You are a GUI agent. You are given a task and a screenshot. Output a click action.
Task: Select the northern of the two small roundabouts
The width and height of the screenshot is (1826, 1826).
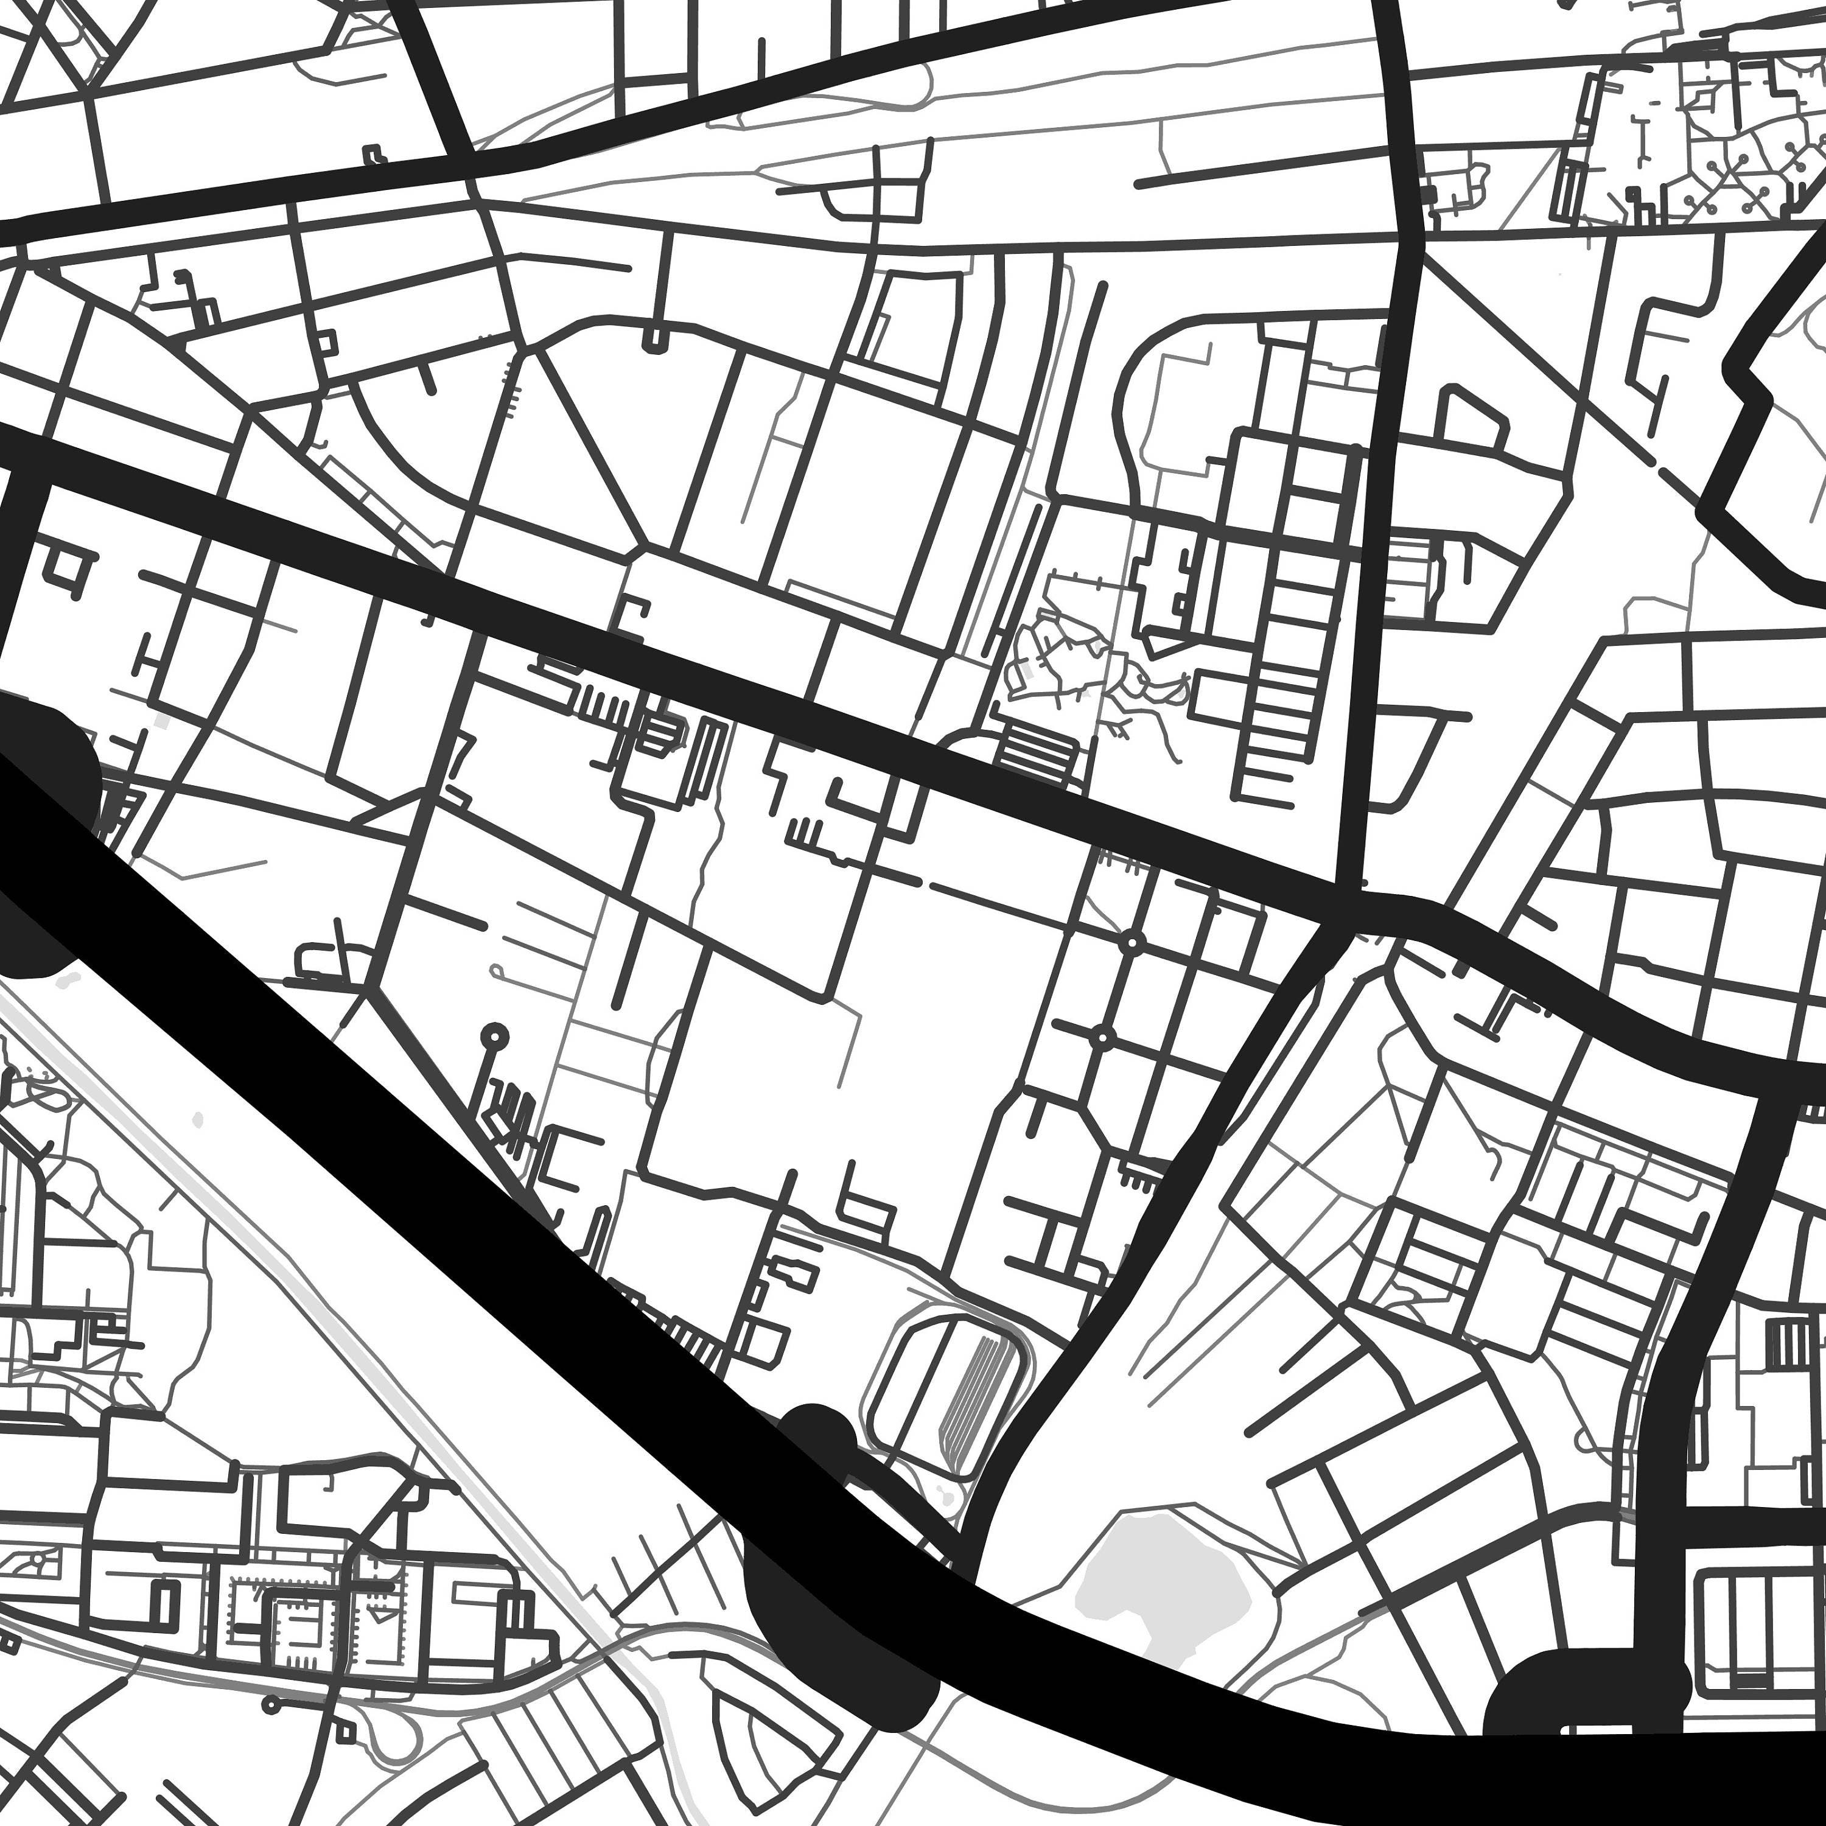pyautogui.click(x=1132, y=943)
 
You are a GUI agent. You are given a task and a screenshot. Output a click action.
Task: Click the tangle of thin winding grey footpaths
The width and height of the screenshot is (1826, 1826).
pyautogui.click(x=1087, y=662)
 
